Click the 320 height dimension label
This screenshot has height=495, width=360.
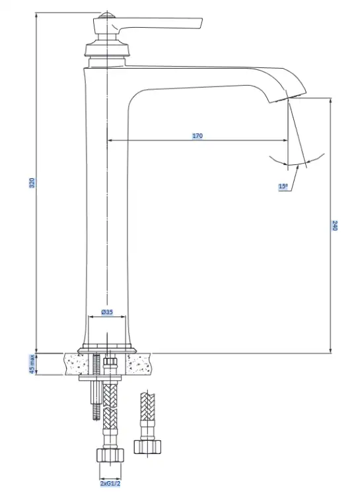[32, 183]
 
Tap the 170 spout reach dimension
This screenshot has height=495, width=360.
[198, 136]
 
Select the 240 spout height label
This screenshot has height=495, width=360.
[335, 226]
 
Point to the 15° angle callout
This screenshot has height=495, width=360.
[283, 186]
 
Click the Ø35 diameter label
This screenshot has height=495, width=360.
[107, 312]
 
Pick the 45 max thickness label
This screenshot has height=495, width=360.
[32, 364]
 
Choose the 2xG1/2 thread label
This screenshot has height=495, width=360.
[110, 484]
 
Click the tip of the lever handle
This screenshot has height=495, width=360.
[201, 24]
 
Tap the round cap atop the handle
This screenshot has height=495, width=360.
[107, 16]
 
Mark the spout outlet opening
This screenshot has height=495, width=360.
[287, 98]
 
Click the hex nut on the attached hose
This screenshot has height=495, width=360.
[110, 455]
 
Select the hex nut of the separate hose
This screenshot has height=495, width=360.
[147, 446]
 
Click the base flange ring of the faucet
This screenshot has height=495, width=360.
[107, 350]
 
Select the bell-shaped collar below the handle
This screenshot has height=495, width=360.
[107, 48]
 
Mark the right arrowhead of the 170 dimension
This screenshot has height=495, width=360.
[285, 140]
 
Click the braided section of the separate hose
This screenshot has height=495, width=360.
[147, 407]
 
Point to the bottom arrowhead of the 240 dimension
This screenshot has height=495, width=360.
[331, 350]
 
